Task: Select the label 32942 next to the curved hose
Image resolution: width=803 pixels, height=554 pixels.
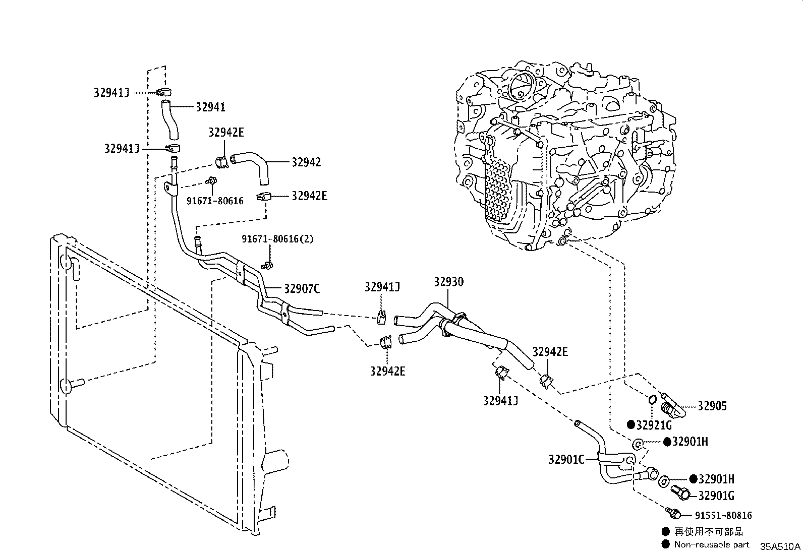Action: tap(306, 162)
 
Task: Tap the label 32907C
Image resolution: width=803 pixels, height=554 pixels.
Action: tap(302, 289)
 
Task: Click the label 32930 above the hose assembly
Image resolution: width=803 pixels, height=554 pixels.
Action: tap(448, 282)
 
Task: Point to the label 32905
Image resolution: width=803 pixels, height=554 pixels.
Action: tap(712, 406)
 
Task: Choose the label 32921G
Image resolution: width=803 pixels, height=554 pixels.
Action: tap(654, 425)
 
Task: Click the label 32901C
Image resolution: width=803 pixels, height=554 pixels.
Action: tap(566, 459)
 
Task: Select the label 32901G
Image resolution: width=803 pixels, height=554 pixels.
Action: tap(716, 496)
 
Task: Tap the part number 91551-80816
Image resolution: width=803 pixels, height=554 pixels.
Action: tap(723, 515)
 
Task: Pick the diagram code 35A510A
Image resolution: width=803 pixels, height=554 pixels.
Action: tap(780, 546)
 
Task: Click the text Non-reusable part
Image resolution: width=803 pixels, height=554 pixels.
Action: tap(712, 544)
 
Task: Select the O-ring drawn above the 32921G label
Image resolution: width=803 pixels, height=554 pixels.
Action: tap(651, 399)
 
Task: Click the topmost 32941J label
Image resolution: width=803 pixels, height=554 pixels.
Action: tap(111, 92)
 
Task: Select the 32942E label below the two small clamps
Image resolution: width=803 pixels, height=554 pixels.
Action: tap(387, 371)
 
